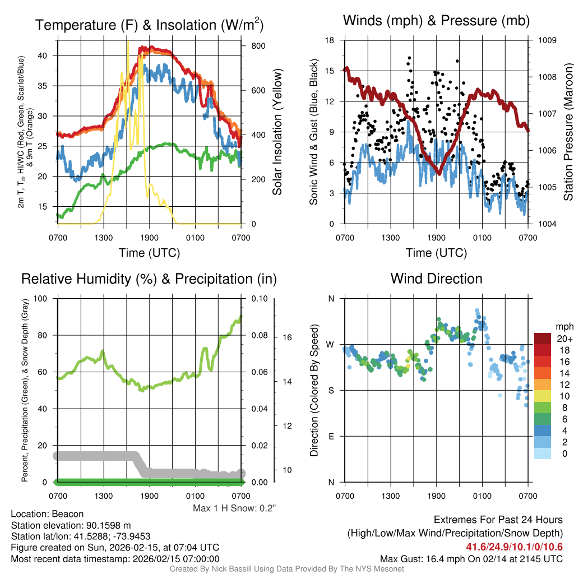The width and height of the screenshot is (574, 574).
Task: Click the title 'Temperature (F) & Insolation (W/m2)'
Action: pyautogui.click(x=149, y=25)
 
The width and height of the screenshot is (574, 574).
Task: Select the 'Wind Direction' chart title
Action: pyautogui.click(x=436, y=279)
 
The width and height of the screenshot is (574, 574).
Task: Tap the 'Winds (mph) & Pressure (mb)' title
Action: pyautogui.click(x=436, y=21)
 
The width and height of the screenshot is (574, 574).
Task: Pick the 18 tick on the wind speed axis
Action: pyautogui.click(x=330, y=40)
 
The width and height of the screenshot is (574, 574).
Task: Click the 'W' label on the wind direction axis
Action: pyautogui.click(x=331, y=344)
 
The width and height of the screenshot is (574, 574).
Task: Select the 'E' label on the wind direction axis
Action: pyautogui.click(x=331, y=436)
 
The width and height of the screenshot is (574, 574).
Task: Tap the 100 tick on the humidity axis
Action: pyautogui.click(x=40, y=298)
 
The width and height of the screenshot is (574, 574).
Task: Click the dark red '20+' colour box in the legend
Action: pyautogui.click(x=543, y=339)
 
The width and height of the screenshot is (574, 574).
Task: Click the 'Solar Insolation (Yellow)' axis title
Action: pyautogui.click(x=277, y=132)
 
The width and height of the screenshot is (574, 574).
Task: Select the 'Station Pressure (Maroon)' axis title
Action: pyautogui.click(x=568, y=132)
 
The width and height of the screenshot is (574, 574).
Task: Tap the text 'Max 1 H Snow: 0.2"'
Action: pyautogui.click(x=234, y=508)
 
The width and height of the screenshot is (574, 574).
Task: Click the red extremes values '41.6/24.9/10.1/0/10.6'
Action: pyautogui.click(x=514, y=547)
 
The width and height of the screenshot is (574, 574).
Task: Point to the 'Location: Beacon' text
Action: pyautogui.click(x=47, y=514)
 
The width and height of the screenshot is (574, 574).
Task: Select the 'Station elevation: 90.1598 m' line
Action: pyautogui.click(x=71, y=525)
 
